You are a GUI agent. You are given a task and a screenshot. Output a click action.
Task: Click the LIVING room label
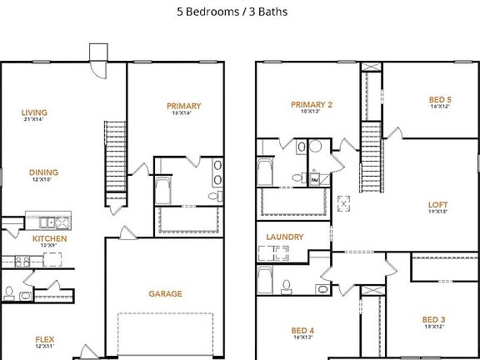[x=34, y=112]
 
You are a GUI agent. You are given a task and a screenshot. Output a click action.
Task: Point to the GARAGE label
[x=165, y=293]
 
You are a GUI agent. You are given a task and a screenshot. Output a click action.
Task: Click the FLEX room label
[x=44, y=338]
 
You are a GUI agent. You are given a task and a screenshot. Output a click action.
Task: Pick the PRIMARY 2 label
[x=312, y=105]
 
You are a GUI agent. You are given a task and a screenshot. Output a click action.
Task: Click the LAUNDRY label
[x=284, y=237]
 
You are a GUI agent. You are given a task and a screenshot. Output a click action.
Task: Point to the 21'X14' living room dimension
[x=34, y=121]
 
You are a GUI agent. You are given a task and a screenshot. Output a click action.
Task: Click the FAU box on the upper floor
[x=316, y=179]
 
